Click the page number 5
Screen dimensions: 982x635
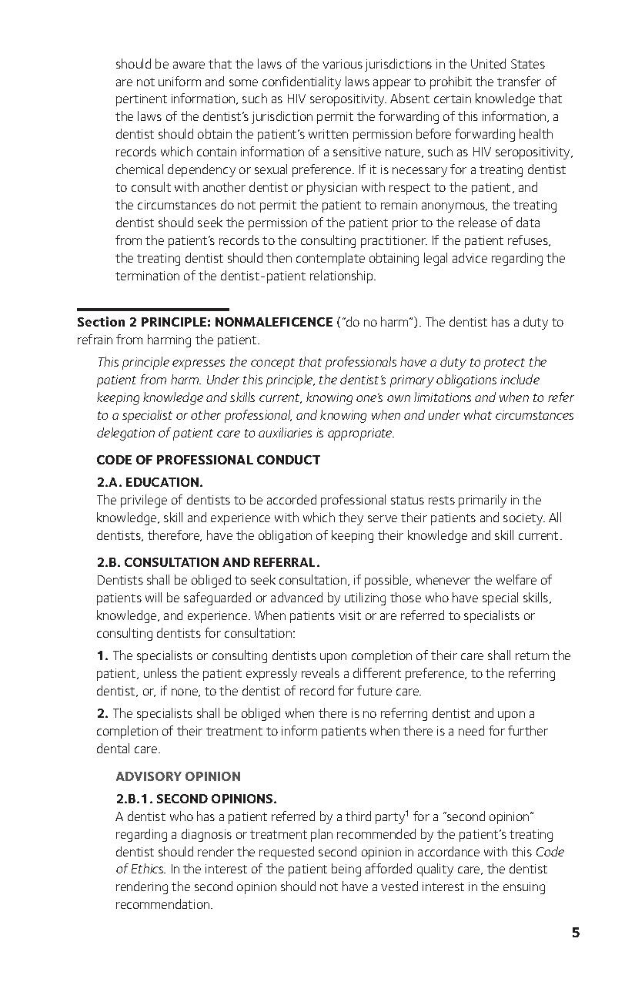click(x=576, y=933)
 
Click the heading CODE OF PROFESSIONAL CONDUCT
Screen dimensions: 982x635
click(x=208, y=460)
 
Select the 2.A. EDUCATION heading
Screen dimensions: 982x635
click(x=149, y=482)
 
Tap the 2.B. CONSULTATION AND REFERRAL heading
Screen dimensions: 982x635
click(x=208, y=562)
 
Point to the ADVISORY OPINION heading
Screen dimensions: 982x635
click(x=178, y=776)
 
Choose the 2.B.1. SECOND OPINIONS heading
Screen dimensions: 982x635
click(x=196, y=799)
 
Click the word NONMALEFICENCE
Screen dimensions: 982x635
click(x=274, y=322)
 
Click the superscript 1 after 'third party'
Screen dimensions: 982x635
click(x=406, y=813)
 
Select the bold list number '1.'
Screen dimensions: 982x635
click(x=102, y=655)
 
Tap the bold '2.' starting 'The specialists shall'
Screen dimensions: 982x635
click(x=102, y=713)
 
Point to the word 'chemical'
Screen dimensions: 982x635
click(x=140, y=169)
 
